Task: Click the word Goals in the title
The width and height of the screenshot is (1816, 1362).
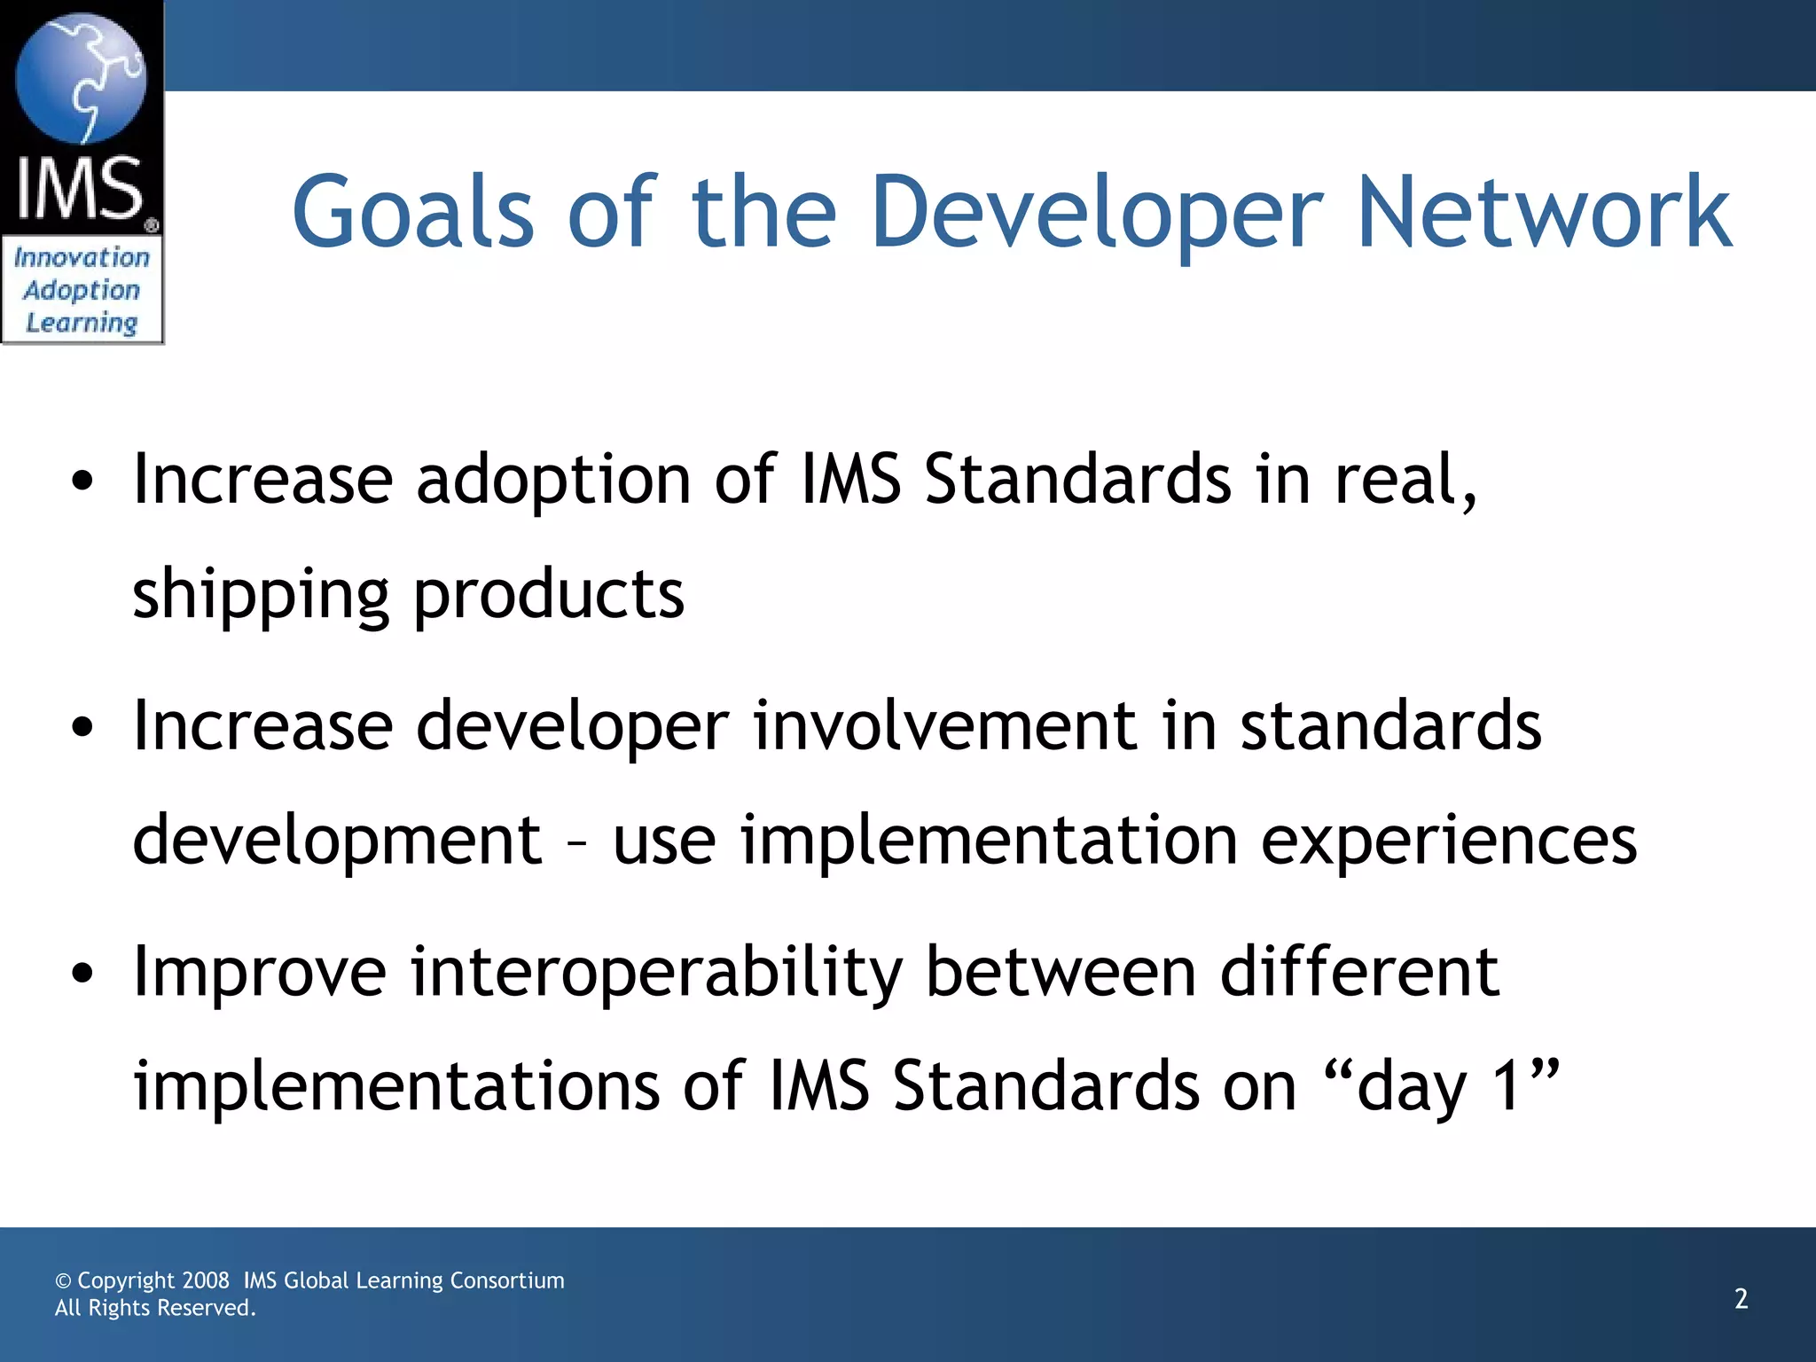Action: pyautogui.click(x=412, y=213)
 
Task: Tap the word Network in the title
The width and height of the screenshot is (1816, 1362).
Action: pyautogui.click(x=1544, y=213)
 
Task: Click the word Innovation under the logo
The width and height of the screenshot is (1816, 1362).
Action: pyautogui.click(x=82, y=258)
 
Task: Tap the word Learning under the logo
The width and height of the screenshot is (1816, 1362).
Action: pyautogui.click(x=82, y=323)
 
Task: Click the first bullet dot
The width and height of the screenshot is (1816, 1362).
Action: pyautogui.click(x=82, y=481)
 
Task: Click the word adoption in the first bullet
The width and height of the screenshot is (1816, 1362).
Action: pyautogui.click(x=553, y=481)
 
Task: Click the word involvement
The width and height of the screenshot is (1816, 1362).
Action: pyautogui.click(x=945, y=727)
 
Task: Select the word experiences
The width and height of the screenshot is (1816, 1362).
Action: pyautogui.click(x=1448, y=841)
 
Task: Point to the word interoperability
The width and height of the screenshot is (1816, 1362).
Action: pyautogui.click(x=656, y=974)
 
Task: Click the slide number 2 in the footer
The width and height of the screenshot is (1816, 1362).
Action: pyautogui.click(x=1741, y=1299)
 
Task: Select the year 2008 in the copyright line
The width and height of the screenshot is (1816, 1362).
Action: pyautogui.click(x=206, y=1280)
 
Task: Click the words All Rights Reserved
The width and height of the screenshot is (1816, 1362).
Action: pyautogui.click(x=155, y=1308)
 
